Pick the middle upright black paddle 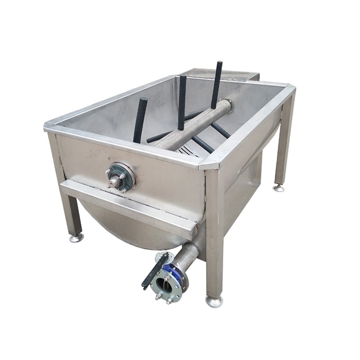182,102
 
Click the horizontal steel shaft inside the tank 193,126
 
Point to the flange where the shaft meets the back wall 228,105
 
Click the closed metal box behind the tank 225,75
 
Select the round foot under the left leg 76,238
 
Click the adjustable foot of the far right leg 279,187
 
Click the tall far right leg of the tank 284,139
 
